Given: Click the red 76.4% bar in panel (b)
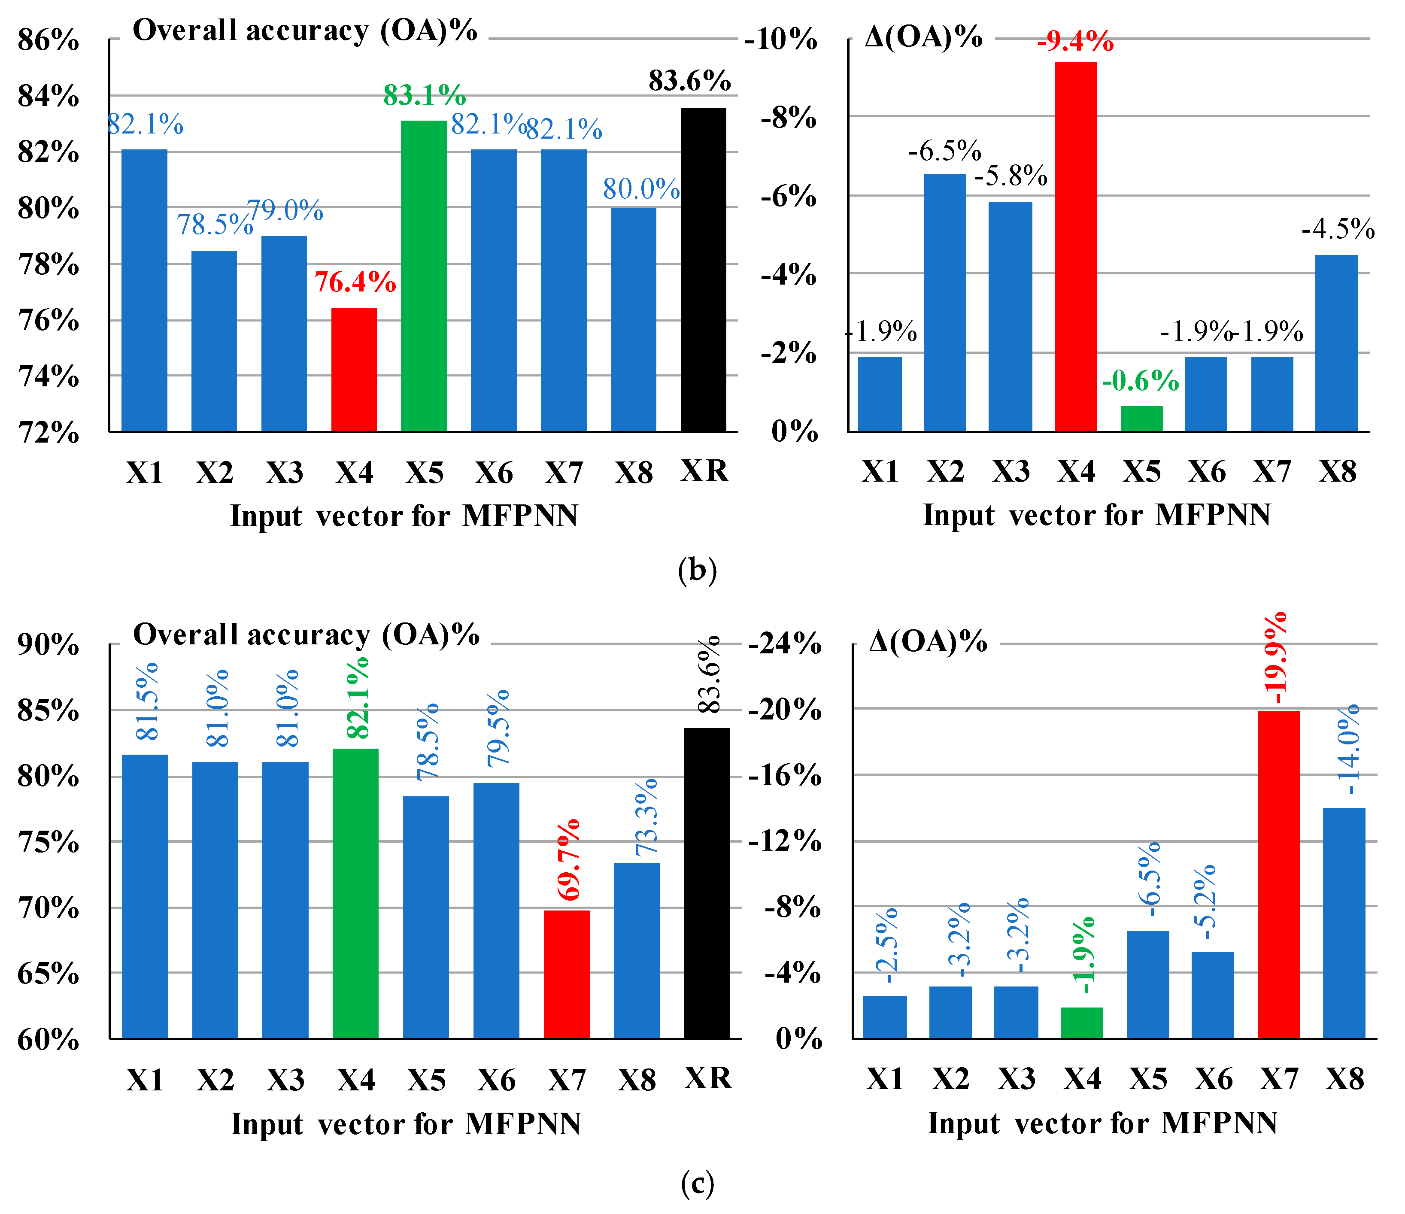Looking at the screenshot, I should tap(354, 370).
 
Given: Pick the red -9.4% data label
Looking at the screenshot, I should tap(1075, 42).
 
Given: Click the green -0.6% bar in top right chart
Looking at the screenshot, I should tap(1141, 419).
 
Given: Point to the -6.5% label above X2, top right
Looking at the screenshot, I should tap(944, 151).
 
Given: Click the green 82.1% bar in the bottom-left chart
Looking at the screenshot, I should tap(355, 893).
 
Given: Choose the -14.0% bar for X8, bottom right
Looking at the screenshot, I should tap(1344, 923).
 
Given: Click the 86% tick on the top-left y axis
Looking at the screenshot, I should tap(48, 41).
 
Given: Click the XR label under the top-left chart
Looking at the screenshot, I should tap(704, 470).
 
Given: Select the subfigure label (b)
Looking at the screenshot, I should tap(697, 570).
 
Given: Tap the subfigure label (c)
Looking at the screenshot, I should tap(697, 1184).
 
